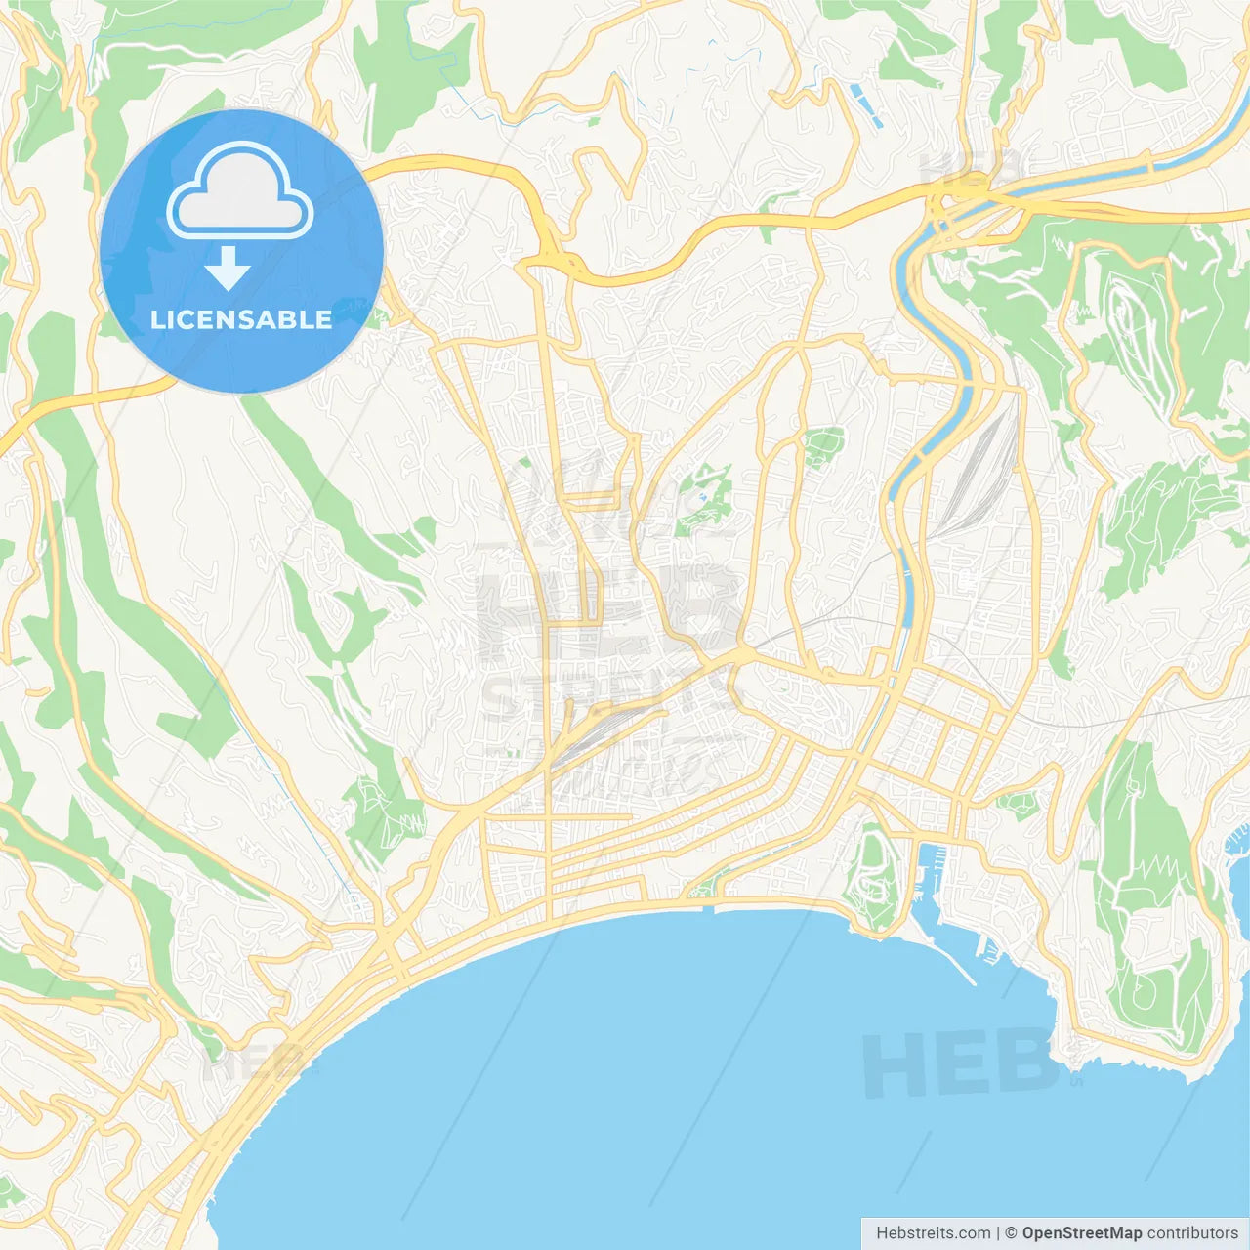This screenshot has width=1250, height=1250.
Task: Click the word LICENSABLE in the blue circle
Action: click(x=241, y=320)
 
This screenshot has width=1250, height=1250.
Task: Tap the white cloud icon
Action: click(x=239, y=191)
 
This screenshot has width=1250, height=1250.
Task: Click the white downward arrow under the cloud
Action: click(x=228, y=268)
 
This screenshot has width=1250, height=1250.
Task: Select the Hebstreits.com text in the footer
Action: click(x=933, y=1233)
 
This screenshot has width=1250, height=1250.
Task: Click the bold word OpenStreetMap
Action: click(x=1082, y=1233)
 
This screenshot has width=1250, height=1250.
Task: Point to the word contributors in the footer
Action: click(x=1192, y=1233)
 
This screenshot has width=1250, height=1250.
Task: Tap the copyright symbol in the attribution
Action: click(x=1011, y=1233)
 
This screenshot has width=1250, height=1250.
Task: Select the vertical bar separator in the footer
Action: click(x=998, y=1233)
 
